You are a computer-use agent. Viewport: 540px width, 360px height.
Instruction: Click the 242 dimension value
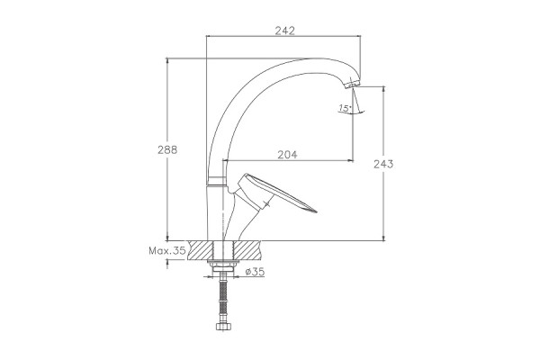click(x=284, y=31)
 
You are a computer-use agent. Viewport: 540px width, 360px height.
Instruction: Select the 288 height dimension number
click(x=167, y=150)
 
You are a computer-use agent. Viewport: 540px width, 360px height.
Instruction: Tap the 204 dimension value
click(x=287, y=155)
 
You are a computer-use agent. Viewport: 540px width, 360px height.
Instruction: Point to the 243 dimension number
click(x=383, y=164)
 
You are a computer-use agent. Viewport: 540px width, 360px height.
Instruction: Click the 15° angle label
click(x=345, y=108)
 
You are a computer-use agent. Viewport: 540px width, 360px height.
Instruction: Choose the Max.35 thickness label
click(x=167, y=250)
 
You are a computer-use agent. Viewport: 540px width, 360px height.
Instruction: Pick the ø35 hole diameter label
click(x=255, y=272)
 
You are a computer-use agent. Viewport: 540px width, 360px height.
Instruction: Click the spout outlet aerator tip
click(x=352, y=84)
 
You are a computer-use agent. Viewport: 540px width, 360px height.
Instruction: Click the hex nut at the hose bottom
click(x=223, y=326)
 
